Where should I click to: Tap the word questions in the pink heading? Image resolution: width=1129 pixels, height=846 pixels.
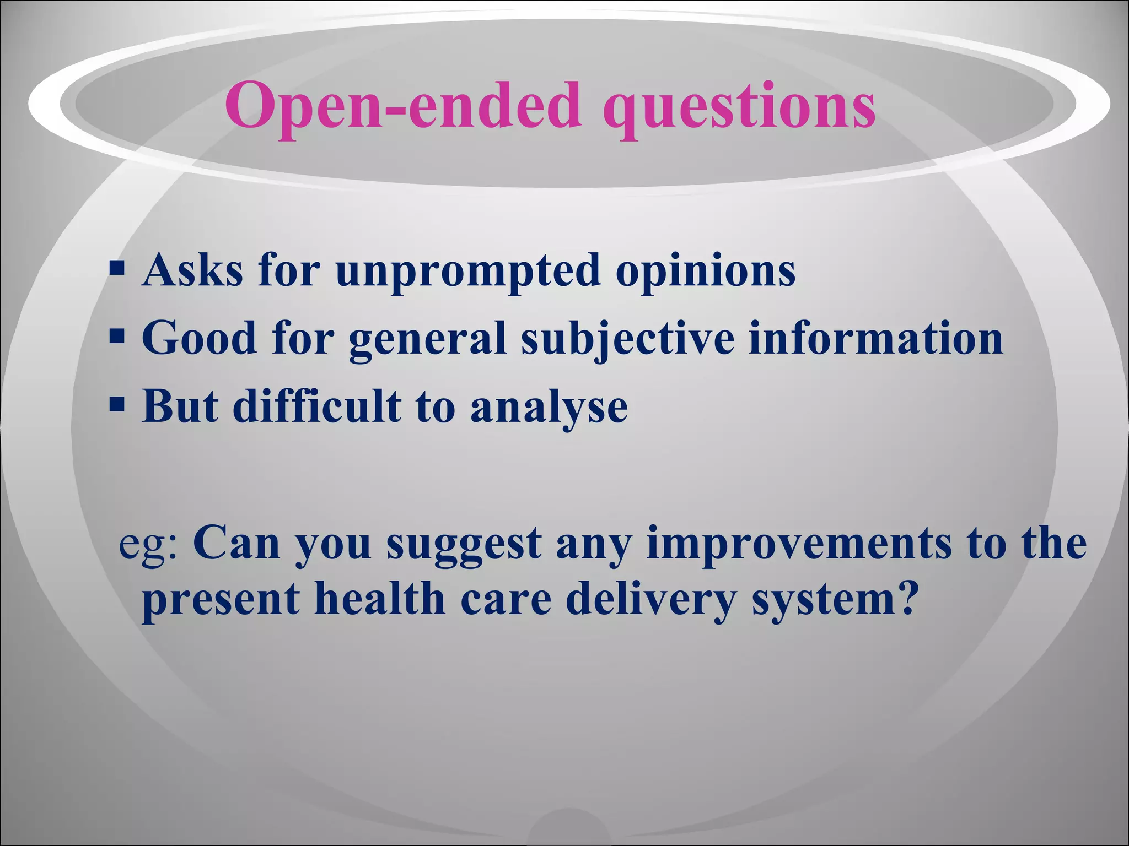click(x=738, y=107)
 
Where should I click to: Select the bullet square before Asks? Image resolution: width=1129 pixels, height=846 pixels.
click(x=116, y=268)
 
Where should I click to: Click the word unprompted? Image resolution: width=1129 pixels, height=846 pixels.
click(x=467, y=272)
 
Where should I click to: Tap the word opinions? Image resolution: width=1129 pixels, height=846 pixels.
click(x=705, y=272)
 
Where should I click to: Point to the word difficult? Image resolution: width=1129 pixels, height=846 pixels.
click(x=316, y=406)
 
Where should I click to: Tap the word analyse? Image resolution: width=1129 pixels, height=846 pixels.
click(x=549, y=408)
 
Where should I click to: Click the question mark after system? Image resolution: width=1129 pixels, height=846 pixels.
click(x=904, y=598)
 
